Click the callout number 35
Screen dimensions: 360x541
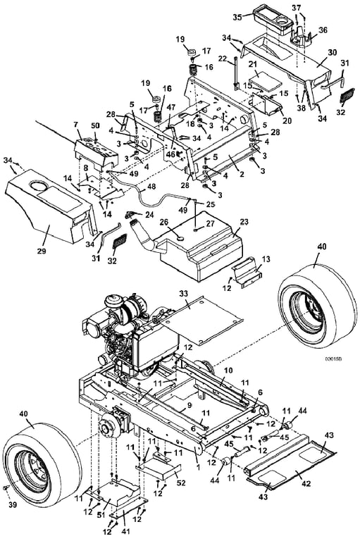click(x=237, y=17)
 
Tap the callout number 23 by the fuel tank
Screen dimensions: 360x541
click(x=244, y=222)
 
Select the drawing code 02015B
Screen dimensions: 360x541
click(x=333, y=359)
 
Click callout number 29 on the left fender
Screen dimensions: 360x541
click(x=42, y=251)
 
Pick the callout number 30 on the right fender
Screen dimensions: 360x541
click(x=332, y=52)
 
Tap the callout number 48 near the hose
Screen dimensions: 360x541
click(x=151, y=187)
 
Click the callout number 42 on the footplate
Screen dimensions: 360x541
click(x=306, y=483)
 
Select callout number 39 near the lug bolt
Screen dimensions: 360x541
click(x=13, y=505)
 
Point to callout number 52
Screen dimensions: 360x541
click(x=181, y=483)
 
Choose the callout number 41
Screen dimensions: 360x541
click(x=126, y=531)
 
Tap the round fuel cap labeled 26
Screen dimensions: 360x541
click(x=180, y=238)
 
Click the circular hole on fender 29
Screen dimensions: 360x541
click(x=39, y=186)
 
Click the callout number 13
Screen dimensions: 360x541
click(x=266, y=259)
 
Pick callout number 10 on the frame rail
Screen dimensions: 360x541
click(x=228, y=371)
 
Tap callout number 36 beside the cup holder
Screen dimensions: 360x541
click(x=323, y=30)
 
